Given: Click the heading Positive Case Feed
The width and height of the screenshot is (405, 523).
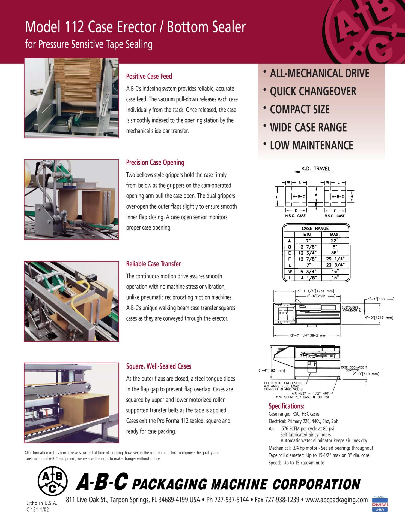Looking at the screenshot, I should [149, 77].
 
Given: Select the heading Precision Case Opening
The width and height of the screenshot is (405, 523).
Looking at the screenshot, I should [155, 163].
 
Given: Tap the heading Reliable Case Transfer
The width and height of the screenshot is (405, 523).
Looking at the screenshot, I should [153, 264].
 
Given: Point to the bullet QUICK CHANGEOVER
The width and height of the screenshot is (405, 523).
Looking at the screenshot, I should [313, 92].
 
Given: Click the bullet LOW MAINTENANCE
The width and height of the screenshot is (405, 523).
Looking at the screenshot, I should [311, 145].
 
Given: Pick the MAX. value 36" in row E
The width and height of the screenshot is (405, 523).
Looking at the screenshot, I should [335, 253].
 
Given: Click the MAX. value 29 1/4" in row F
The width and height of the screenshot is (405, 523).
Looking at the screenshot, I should [335, 259].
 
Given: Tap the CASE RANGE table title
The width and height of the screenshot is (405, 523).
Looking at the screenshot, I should [315, 228].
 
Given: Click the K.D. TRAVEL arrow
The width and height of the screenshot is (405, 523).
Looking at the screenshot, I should [297, 172].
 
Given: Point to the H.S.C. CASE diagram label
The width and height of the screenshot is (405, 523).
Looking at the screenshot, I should [295, 216].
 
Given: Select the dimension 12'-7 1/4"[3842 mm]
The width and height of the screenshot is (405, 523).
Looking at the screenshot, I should [308, 336].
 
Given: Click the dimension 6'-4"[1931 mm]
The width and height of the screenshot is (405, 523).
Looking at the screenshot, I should [272, 370].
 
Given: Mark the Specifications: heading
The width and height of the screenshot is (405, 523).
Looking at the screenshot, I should [286, 406].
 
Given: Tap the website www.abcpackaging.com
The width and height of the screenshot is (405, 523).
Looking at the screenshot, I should [336, 500].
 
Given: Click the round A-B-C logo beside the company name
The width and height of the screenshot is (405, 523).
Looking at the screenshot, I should [52, 481].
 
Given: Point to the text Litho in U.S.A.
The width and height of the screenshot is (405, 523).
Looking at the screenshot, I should [42, 503].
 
